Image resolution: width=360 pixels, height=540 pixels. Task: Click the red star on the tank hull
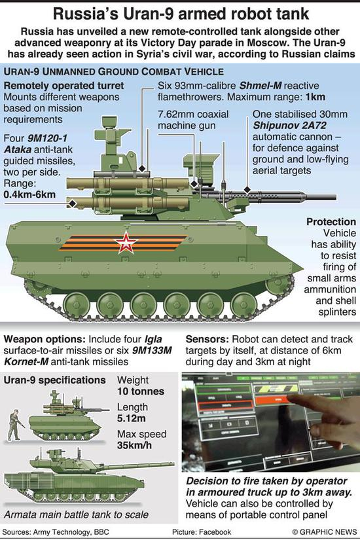[x=126, y=242]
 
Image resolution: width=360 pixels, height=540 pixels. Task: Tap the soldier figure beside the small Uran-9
[x=14, y=425]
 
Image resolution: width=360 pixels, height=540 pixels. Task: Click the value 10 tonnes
[x=141, y=391]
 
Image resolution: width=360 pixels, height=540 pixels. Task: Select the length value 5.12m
[x=132, y=418]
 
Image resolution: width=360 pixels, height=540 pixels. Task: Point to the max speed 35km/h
[x=134, y=445]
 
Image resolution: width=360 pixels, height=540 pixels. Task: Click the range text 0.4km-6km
[x=29, y=194]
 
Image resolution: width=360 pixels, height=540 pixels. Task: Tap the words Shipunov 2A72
[x=290, y=126]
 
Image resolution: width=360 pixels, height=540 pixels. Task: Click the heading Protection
[x=331, y=222]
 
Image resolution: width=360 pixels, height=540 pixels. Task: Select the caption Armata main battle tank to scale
[x=76, y=514]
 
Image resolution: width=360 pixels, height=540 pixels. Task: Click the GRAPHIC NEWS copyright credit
[x=324, y=532]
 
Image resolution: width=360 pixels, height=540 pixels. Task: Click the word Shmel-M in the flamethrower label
[x=260, y=86]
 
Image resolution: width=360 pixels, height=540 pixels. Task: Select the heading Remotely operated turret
[x=63, y=86]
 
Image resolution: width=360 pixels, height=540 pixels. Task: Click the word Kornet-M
[x=26, y=362]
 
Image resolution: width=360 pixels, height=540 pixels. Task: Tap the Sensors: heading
[x=207, y=339]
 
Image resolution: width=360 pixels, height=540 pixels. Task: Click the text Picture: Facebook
[x=202, y=532]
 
